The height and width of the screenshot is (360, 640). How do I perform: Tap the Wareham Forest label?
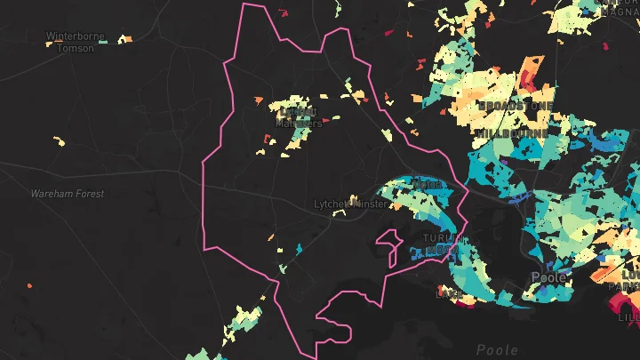(x=68, y=193)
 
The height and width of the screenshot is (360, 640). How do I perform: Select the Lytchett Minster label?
(x=350, y=204)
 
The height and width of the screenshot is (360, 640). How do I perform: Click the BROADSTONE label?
(x=516, y=106)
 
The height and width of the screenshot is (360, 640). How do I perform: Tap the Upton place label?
(x=428, y=185)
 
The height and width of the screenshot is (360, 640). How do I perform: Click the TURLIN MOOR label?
(x=442, y=244)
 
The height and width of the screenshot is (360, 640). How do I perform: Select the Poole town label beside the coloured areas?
(x=548, y=276)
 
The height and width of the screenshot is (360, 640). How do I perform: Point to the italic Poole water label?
(x=497, y=349)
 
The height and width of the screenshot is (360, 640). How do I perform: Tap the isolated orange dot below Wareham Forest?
(x=29, y=286)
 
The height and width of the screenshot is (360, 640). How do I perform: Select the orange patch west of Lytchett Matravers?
(x=259, y=100)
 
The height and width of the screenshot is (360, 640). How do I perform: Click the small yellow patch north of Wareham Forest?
(x=60, y=140)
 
